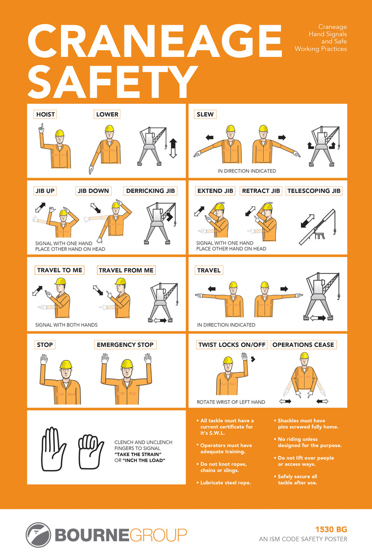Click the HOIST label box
pyautogui.click(x=45, y=114)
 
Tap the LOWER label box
pyautogui.click(x=107, y=114)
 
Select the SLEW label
pyautogui.click(x=205, y=114)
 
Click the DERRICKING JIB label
pyautogui.click(x=150, y=191)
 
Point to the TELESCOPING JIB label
pyautogui.click(x=314, y=191)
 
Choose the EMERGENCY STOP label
pyautogui.click(x=125, y=345)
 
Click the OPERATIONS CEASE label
pyautogui.click(x=303, y=345)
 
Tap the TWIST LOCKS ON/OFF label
pyautogui.click(x=232, y=345)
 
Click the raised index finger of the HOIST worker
pyautogui.click(x=42, y=127)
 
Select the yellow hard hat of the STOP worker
pyautogui.click(x=66, y=365)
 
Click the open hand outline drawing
pyautogui.click(x=53, y=449)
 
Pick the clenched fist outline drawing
pyautogui.click(x=91, y=451)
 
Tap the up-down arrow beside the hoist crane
pyautogui.click(x=173, y=149)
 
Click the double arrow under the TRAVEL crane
pyautogui.click(x=318, y=318)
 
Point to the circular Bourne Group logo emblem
pyautogui.click(x=39, y=535)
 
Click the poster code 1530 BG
pyautogui.click(x=331, y=529)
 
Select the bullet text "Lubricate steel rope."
pyautogui.click(x=226, y=483)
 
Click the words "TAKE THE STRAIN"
pyautogui.click(x=138, y=454)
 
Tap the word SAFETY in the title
pyautogui.click(x=113, y=82)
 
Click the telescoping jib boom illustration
pyautogui.click(x=318, y=227)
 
